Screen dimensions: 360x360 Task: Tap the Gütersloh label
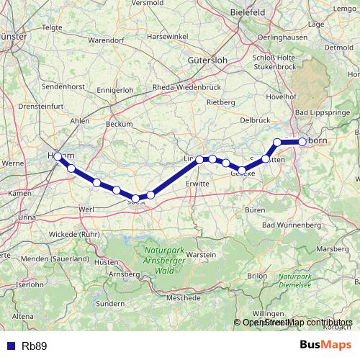pyautogui.click(x=207, y=60)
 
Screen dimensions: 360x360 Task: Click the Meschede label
pyautogui.click(x=183, y=297)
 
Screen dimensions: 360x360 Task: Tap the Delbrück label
pyautogui.click(x=253, y=119)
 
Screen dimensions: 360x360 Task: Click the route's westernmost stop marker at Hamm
pyautogui.click(x=58, y=156)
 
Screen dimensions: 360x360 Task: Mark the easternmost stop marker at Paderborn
pyautogui.click(x=302, y=142)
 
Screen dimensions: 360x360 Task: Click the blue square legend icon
pyautogui.click(x=9, y=346)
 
